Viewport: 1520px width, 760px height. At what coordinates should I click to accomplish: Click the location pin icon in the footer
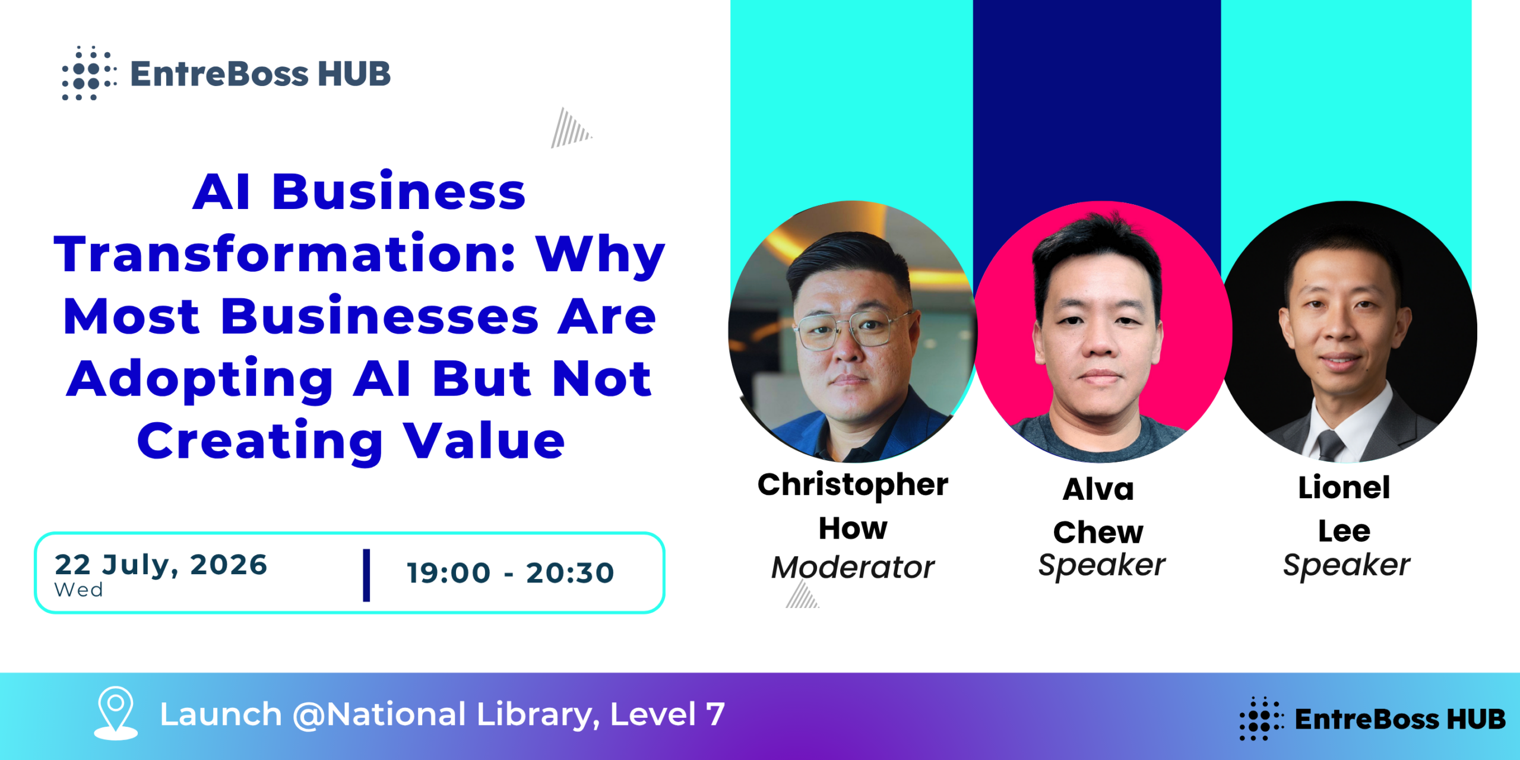[116, 712]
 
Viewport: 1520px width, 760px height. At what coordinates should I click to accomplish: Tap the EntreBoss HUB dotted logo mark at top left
[89, 73]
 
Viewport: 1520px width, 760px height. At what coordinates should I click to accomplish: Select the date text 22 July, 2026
[161, 565]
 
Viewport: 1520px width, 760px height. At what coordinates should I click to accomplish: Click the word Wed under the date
[78, 590]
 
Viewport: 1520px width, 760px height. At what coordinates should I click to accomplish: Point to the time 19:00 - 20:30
[511, 573]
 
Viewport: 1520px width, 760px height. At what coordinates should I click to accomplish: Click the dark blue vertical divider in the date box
[366, 575]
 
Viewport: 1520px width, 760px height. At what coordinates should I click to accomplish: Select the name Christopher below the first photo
[853, 486]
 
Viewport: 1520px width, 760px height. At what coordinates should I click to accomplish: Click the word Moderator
[853, 567]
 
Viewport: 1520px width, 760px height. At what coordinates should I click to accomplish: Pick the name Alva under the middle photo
[1098, 489]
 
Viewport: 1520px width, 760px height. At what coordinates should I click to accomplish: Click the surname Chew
[1098, 532]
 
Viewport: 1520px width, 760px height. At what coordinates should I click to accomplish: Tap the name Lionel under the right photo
[1344, 487]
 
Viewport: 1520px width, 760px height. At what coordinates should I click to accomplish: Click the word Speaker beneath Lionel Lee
[1346, 565]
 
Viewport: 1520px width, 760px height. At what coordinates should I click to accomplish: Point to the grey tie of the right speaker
[1331, 445]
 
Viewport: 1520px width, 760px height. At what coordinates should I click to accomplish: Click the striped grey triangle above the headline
[571, 128]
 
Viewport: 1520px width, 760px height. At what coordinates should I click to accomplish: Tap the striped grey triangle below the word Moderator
[802, 594]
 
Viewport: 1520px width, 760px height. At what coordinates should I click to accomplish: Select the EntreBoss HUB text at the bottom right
[1400, 719]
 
